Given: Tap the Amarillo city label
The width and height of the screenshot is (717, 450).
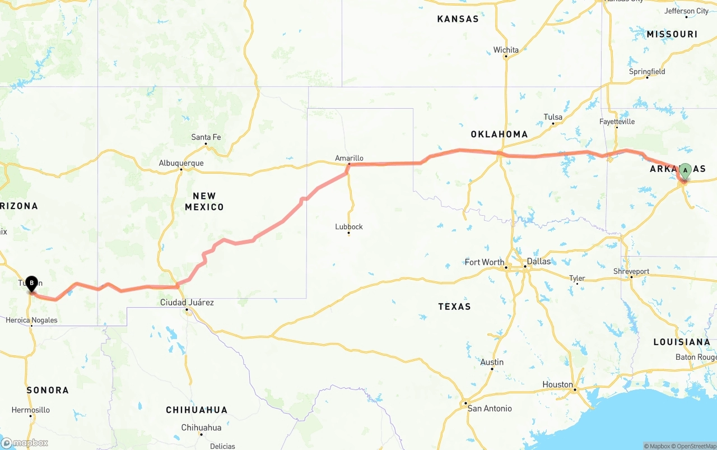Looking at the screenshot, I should point(349,158).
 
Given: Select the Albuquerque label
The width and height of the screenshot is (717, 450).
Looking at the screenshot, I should point(181,163).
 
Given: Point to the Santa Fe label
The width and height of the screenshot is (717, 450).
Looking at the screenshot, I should point(206,137).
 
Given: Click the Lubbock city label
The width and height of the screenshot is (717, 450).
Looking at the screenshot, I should point(349,226).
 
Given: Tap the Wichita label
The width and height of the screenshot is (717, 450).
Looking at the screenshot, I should point(506,50).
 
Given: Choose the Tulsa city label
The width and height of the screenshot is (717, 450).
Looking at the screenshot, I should point(553,117).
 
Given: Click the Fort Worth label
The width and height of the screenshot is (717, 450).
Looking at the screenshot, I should point(485,262).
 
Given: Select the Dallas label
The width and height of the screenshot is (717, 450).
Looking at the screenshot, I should point(538,261).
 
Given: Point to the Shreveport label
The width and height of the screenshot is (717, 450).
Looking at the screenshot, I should point(631,271).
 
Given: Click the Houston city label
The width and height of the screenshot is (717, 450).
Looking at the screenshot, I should point(557,384).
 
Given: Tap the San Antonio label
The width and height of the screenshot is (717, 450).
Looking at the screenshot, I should point(490,409).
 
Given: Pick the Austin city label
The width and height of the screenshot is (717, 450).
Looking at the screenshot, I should point(492,362).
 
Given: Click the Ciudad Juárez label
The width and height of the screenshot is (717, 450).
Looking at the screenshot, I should point(187,302).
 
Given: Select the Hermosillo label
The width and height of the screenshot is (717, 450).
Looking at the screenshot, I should point(31,410).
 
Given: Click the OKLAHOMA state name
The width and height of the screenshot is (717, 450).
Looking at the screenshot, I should point(499,134).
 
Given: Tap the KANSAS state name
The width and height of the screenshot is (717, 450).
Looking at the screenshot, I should point(458,19).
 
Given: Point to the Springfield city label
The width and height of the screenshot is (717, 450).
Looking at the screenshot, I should point(647,72).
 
